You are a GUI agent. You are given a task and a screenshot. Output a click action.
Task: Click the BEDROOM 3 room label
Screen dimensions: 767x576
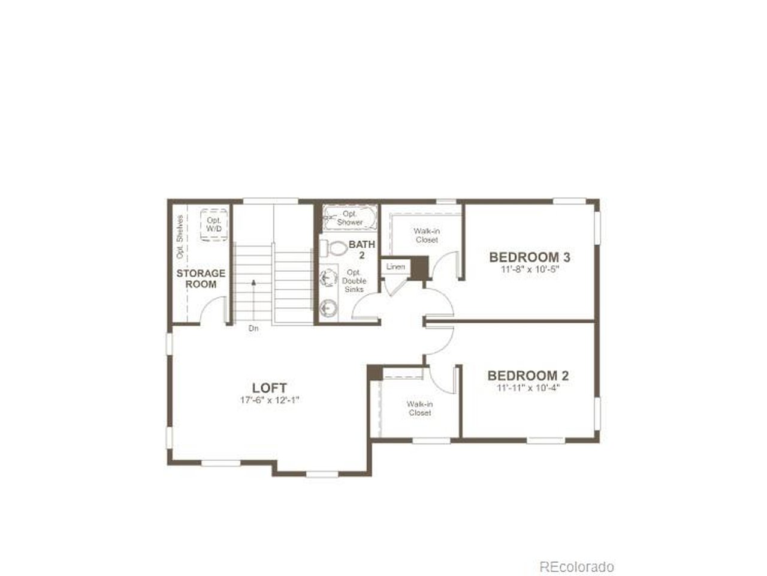529,257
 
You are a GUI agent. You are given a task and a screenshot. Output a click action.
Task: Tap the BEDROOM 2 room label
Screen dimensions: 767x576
528,376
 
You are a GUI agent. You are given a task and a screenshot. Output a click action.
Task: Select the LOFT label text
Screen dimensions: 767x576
270,388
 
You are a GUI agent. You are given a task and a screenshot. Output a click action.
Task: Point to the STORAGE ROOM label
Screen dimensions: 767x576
201,279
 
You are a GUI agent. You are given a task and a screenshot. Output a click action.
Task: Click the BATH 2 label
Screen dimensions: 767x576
362,250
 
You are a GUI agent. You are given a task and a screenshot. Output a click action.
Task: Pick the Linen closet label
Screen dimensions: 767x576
395,267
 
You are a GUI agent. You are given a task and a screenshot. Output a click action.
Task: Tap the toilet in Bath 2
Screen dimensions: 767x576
334,248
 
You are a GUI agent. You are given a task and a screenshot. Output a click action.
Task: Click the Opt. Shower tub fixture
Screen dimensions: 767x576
350,218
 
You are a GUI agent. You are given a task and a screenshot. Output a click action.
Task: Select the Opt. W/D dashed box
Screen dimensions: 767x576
214,225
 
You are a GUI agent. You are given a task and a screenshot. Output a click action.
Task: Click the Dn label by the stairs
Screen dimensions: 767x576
253,328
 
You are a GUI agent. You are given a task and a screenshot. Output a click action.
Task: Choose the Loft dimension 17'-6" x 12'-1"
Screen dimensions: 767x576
270,400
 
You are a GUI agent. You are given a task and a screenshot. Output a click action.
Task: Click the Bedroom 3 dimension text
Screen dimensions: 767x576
530,269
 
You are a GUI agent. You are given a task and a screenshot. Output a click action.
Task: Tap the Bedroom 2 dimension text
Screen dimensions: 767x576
529,388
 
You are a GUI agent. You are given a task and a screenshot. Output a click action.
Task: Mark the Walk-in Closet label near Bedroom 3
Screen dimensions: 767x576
427,235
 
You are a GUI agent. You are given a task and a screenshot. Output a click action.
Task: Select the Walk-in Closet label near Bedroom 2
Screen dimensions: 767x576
419,408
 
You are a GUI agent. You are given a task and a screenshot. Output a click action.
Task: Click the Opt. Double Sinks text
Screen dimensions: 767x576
354,281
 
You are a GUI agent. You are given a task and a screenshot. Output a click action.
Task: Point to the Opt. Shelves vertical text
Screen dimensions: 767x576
180,237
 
